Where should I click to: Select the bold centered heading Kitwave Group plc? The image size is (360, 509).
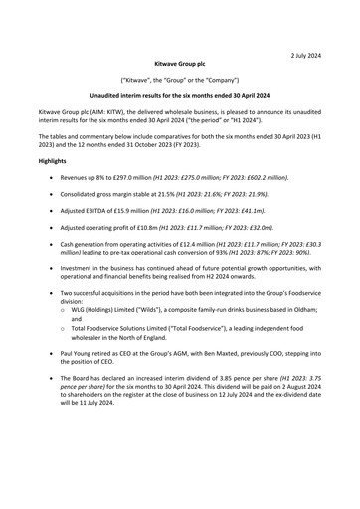(x=179, y=62)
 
